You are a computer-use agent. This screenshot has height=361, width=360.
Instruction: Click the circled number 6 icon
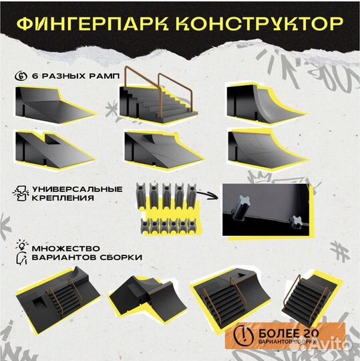[21, 76]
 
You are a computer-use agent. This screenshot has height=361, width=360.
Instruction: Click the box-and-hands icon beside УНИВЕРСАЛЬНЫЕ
[20, 193]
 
